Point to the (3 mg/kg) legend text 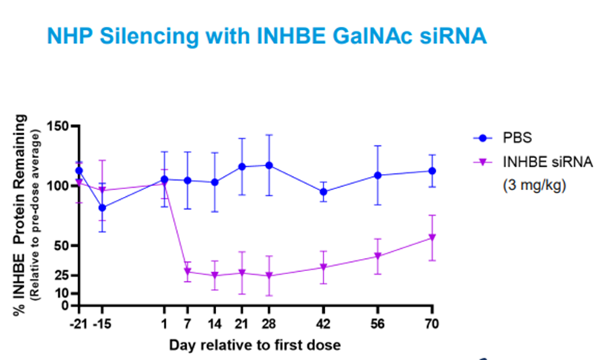[x=534, y=185]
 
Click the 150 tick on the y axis [x=57, y=126]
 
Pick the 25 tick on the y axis [x=61, y=275]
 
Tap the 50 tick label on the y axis [x=61, y=246]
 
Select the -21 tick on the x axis [x=77, y=323]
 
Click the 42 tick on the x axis [x=324, y=323]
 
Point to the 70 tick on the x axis [x=432, y=323]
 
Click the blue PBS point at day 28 [x=269, y=165]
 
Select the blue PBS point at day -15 [x=103, y=208]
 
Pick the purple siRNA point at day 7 [x=187, y=272]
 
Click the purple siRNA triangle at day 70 [x=432, y=237]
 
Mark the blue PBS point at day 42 [x=324, y=192]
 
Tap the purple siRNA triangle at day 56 [x=378, y=257]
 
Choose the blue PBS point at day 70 [x=432, y=171]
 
